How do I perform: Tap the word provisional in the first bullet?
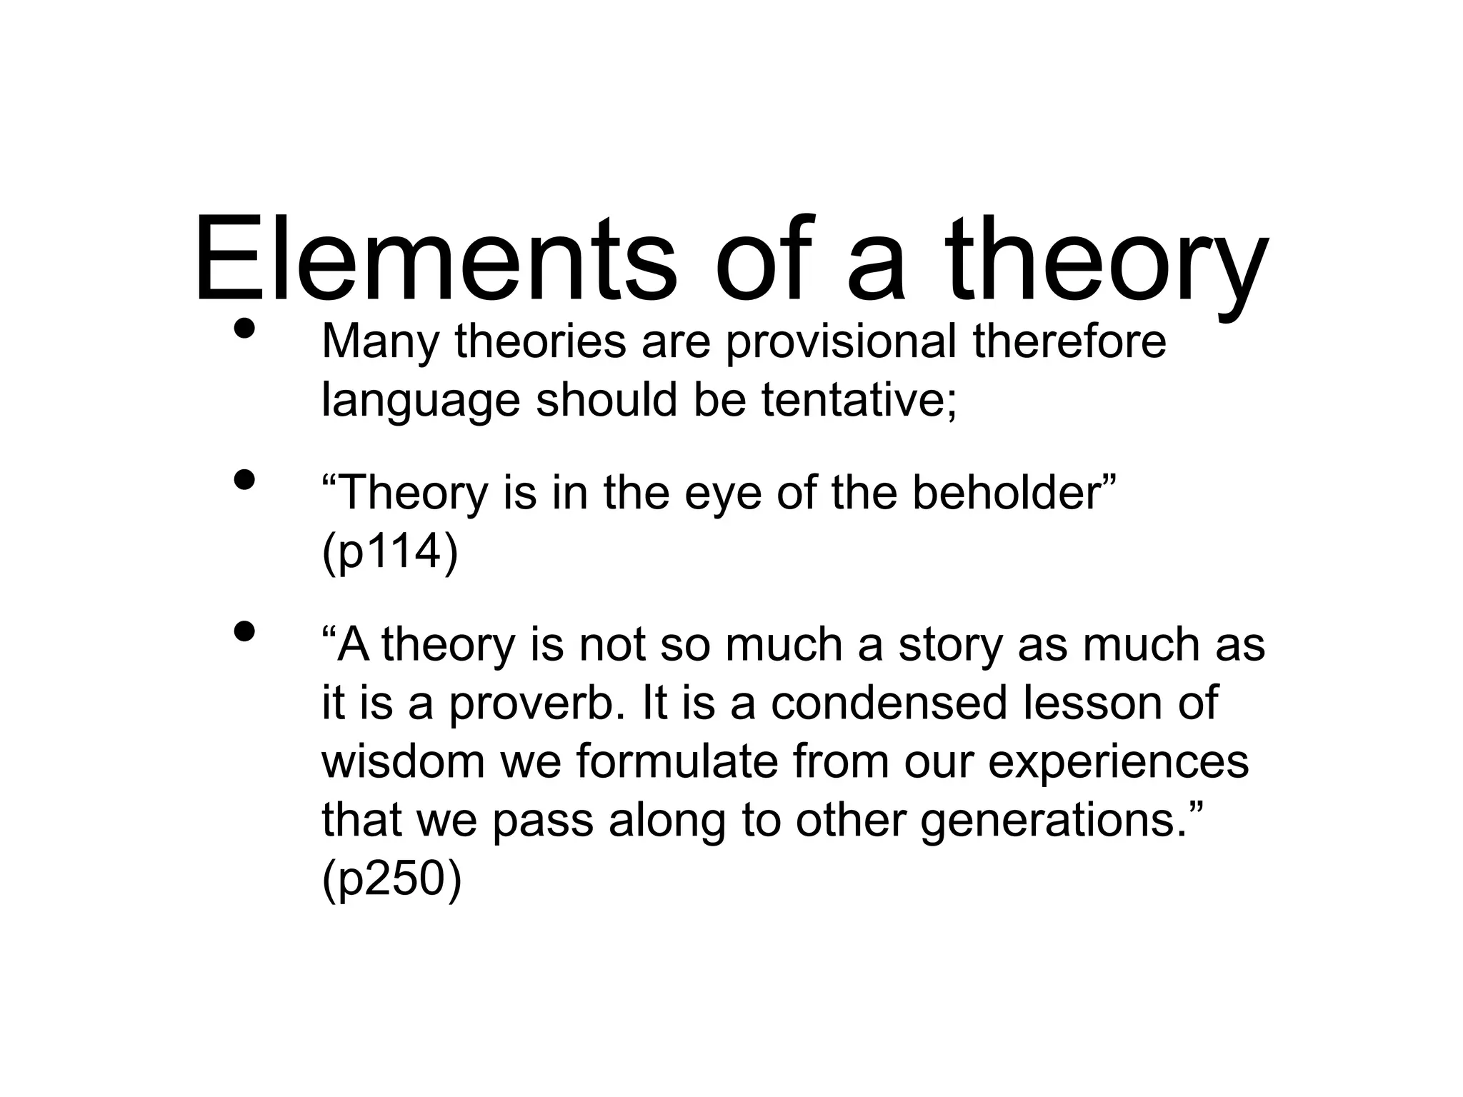click(x=841, y=342)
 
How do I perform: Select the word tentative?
click(x=858, y=400)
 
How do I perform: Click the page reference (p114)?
click(x=390, y=552)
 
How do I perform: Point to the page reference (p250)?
click(x=392, y=879)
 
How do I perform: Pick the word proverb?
click(x=531, y=703)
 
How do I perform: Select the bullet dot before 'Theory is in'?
click(x=244, y=480)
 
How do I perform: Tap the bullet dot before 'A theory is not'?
click(x=244, y=631)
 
